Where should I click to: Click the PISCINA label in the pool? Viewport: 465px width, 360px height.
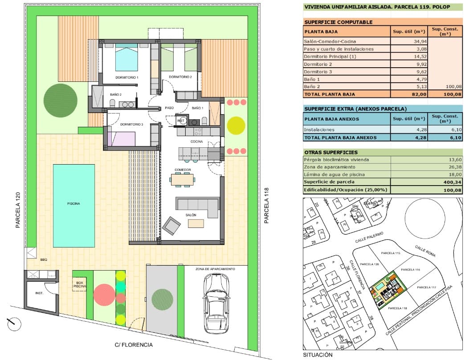73,203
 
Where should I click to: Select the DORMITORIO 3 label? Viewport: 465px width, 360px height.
129,125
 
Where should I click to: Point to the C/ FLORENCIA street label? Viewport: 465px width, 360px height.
134,345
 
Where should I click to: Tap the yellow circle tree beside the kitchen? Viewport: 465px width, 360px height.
236,125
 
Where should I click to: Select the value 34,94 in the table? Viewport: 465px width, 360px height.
408,41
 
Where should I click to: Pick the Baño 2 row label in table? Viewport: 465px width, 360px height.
312,87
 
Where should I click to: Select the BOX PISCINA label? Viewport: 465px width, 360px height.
79,285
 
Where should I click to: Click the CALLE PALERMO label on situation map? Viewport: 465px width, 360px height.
369,239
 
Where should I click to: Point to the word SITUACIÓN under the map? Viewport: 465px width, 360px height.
318,355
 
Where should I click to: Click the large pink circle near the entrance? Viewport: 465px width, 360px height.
104,295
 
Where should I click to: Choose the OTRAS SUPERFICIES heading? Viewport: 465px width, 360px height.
331,152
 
